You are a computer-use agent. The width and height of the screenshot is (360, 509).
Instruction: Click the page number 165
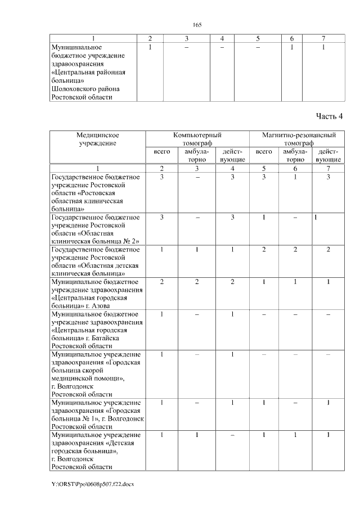tap(197, 25)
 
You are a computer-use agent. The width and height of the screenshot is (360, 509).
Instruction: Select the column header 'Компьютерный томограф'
tap(197, 139)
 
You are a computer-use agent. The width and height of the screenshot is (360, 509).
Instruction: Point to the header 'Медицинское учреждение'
tap(97, 139)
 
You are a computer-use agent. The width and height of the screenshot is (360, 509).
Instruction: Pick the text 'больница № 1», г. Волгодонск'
tap(97, 418)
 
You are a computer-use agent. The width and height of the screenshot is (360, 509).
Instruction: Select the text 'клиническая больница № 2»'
tap(94, 241)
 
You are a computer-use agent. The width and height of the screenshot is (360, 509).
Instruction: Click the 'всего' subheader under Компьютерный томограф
tap(161, 152)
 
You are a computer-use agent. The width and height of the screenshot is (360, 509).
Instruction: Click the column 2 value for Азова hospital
tap(161, 281)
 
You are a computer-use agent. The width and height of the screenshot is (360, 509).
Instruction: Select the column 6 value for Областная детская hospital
tap(295, 249)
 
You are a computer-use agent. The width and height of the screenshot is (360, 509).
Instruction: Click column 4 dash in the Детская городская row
tap(232, 435)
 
